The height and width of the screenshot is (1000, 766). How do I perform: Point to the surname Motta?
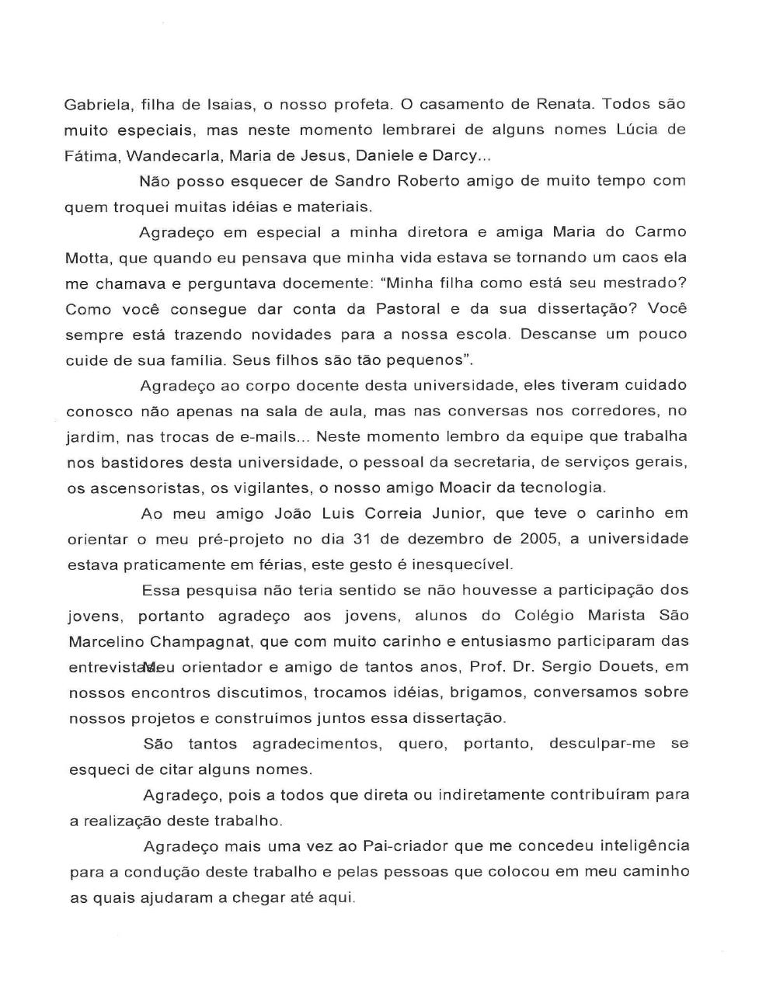[87, 258]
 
